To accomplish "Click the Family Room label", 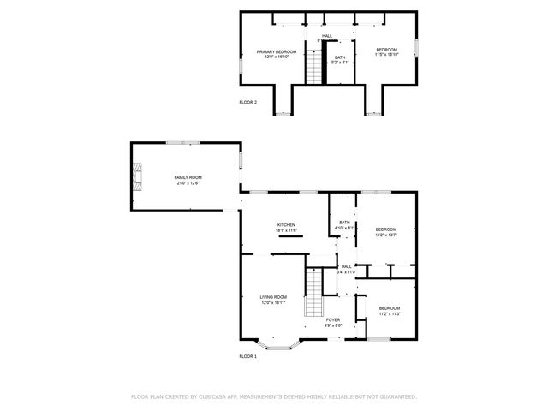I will pos(188,177).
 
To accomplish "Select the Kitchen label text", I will pos(285,225).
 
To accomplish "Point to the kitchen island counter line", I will pos(289,237).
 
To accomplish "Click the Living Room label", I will pos(273,297).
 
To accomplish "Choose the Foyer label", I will pos(333,319).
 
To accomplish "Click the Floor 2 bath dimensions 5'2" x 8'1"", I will pos(341,63).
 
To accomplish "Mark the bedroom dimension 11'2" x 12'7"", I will pos(386,235).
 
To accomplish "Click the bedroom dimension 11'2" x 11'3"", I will pos(390,313).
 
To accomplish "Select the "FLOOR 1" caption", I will pos(247,355).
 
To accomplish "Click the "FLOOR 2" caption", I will pos(247,102).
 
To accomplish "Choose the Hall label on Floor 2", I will pos(327,35).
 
